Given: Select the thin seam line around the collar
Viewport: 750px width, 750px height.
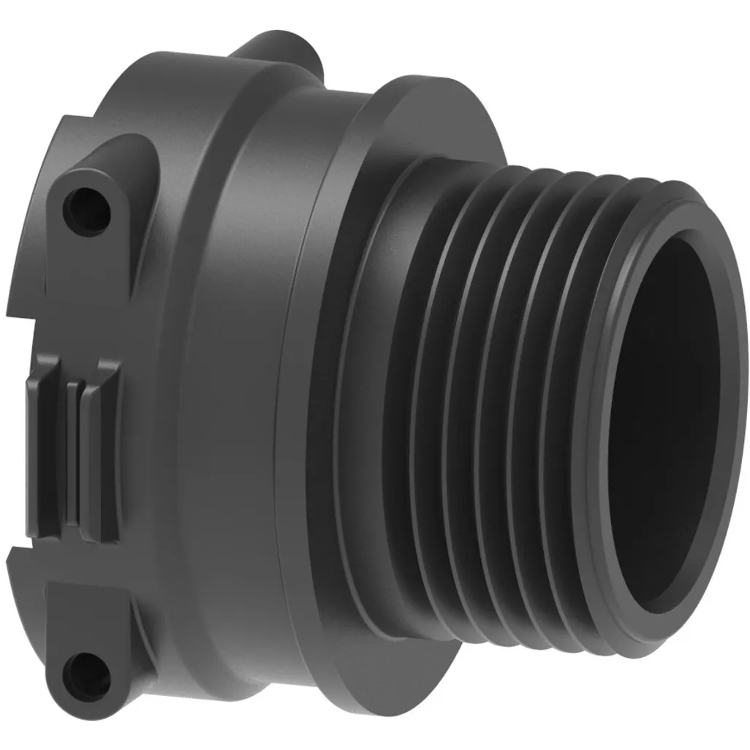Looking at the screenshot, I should (x=288, y=409).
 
